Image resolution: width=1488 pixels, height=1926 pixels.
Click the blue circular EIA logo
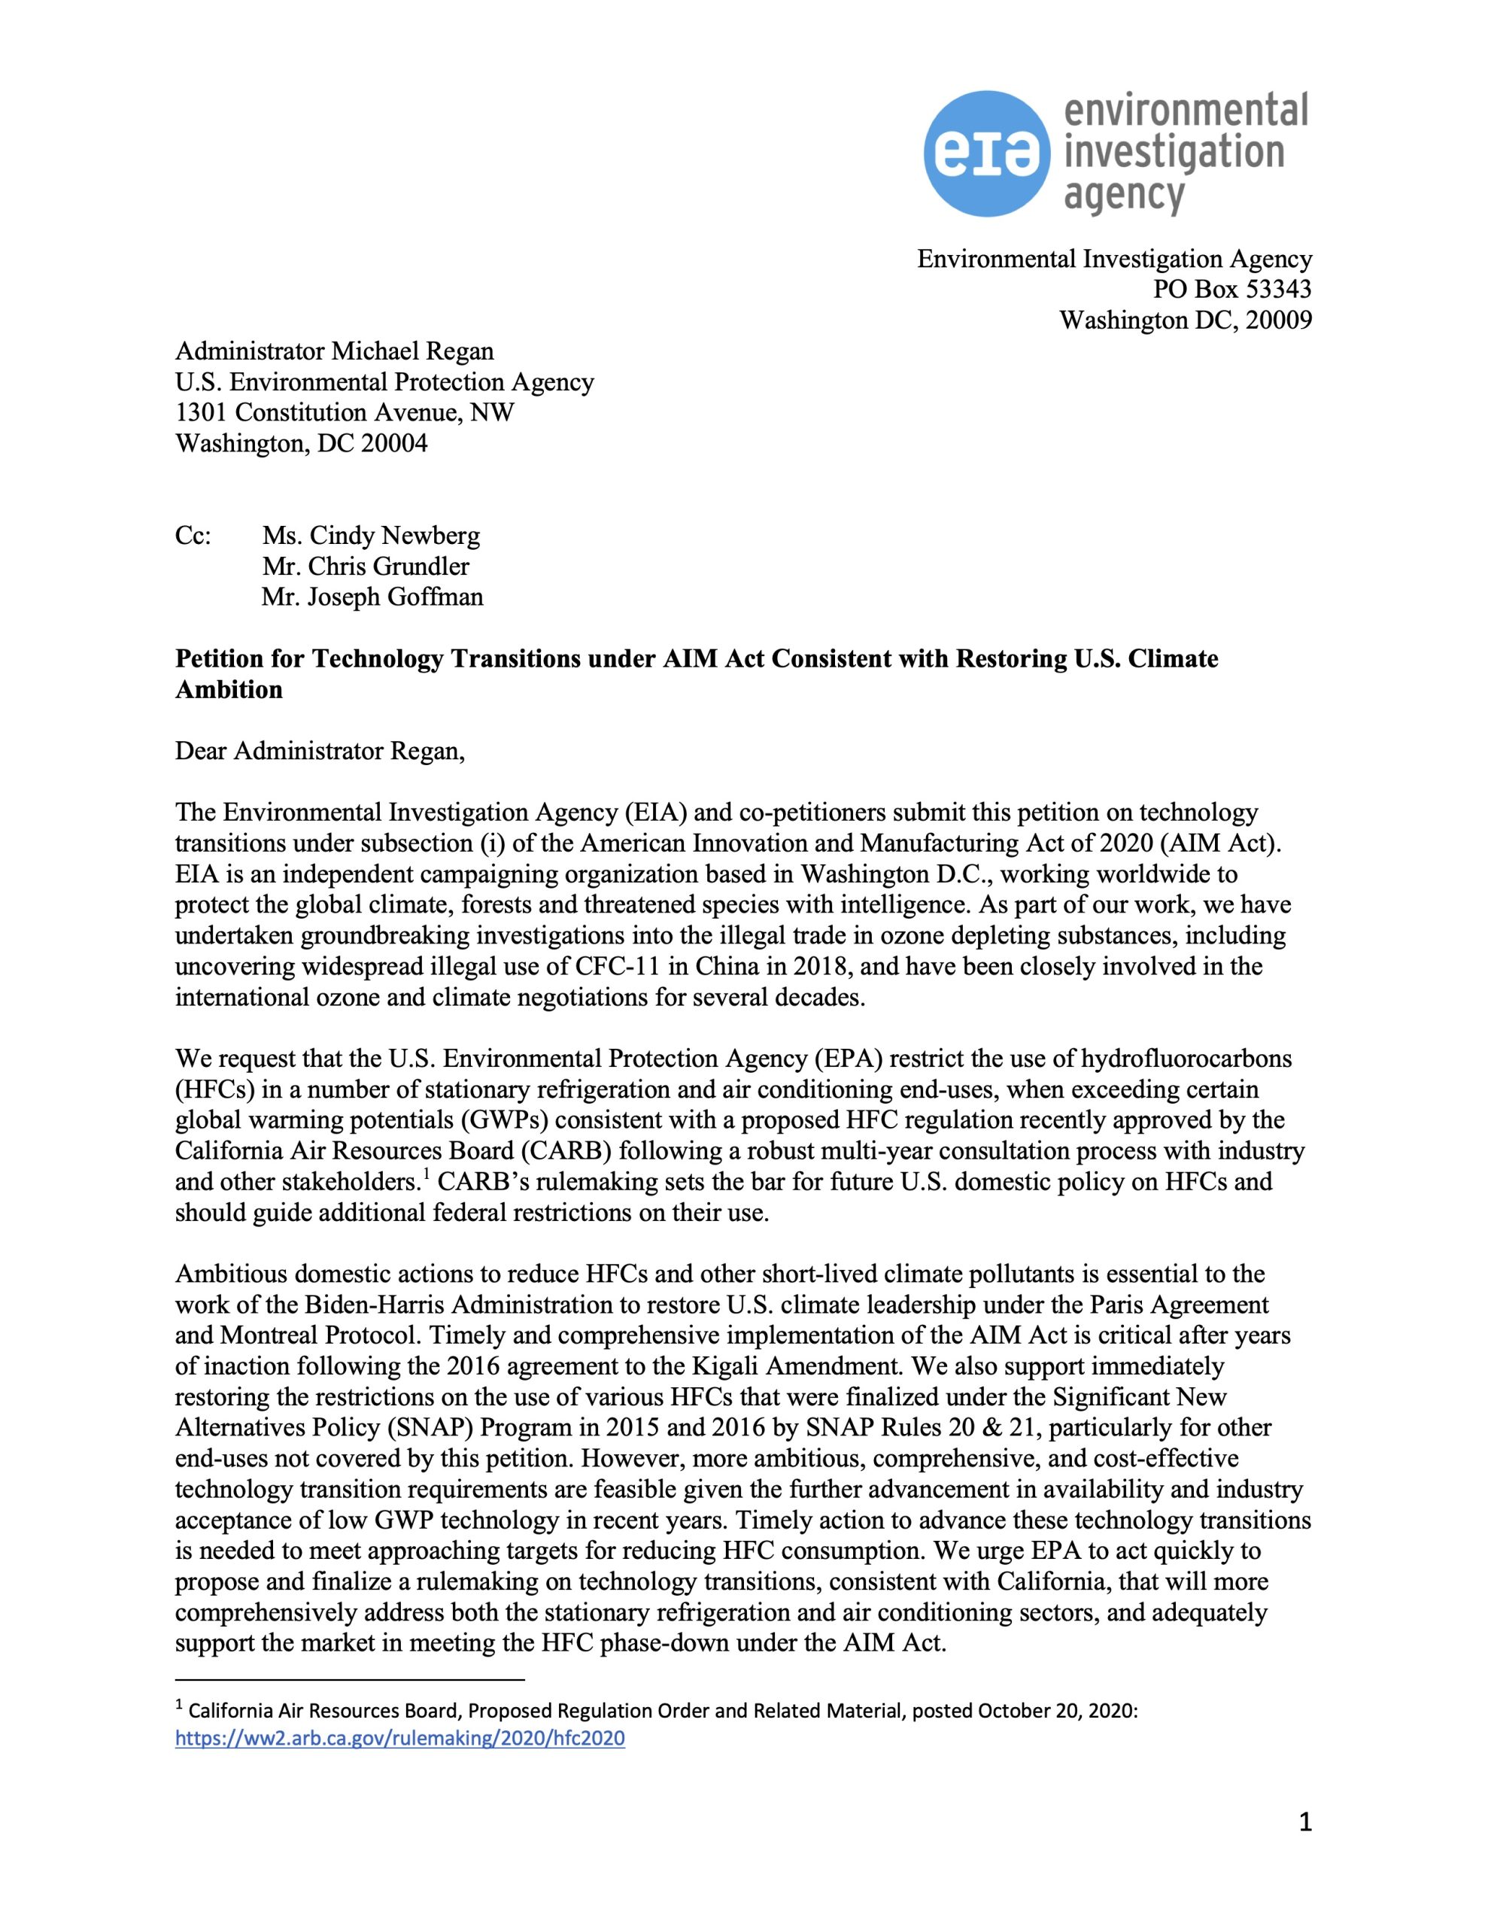coord(987,153)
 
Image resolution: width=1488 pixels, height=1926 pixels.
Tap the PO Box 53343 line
coord(1232,289)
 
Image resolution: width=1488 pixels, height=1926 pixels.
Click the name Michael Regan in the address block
coord(413,351)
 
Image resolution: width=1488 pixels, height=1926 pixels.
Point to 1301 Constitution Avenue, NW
coord(345,413)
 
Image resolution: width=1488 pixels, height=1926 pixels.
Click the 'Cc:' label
coord(193,536)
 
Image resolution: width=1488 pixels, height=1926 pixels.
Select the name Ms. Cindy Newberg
coord(370,536)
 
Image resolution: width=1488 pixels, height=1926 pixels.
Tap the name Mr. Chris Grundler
coord(365,567)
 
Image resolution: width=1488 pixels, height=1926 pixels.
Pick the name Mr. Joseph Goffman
coord(372,597)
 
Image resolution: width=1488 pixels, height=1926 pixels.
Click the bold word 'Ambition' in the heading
coord(229,690)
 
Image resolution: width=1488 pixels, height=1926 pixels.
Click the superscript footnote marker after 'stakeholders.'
coord(425,1175)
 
